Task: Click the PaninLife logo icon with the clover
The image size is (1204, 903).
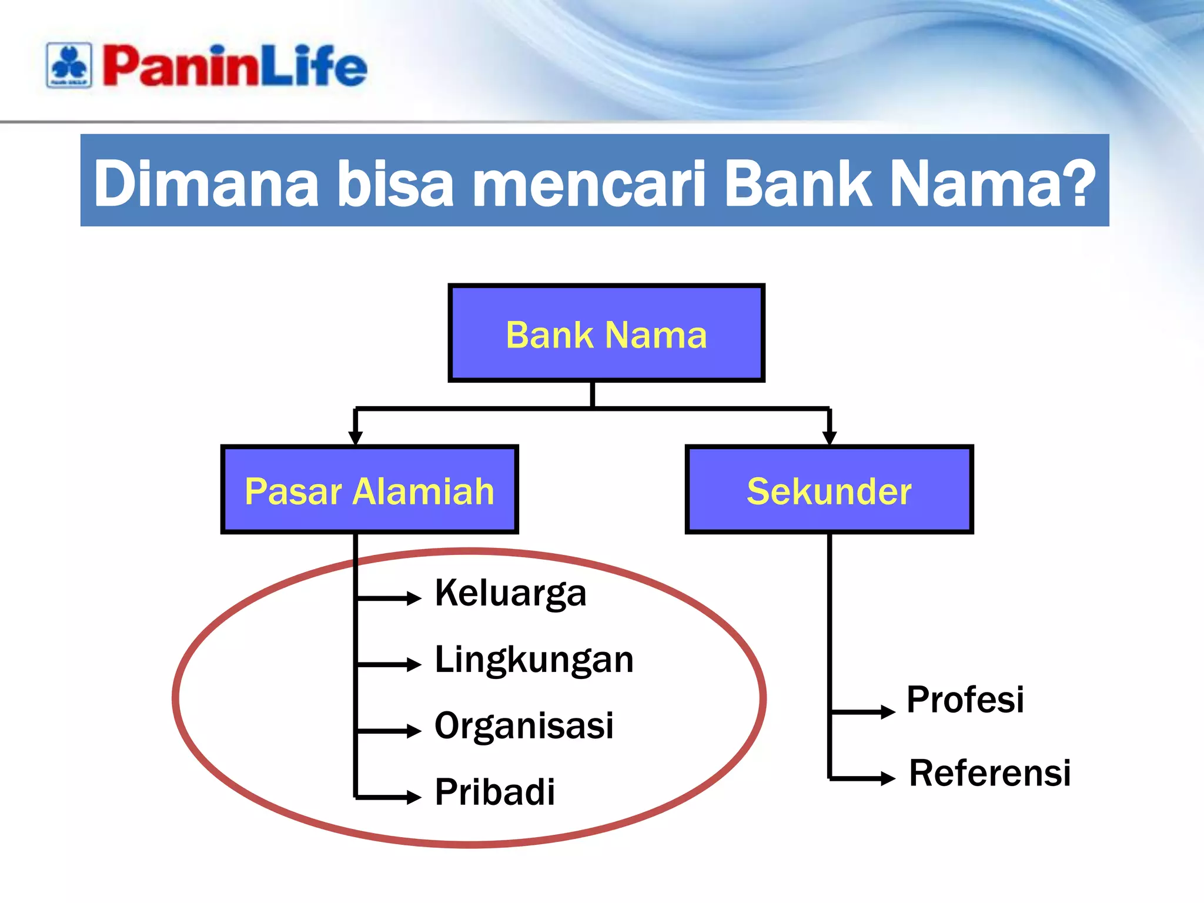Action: point(69,65)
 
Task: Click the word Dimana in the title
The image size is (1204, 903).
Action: point(206,183)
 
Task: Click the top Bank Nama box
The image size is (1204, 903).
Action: point(606,333)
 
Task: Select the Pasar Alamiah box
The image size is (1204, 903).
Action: point(369,490)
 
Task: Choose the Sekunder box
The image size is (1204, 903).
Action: point(829,490)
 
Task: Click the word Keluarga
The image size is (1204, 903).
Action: point(510,593)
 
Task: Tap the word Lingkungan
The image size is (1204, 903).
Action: point(534,660)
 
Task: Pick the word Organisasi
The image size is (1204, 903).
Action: point(524,725)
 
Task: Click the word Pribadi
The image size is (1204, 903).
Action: point(495,792)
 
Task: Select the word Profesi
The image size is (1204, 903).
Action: point(965,700)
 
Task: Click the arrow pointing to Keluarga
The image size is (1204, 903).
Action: point(390,598)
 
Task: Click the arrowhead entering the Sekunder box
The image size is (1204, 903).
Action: point(829,437)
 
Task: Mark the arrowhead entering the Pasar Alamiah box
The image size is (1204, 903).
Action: point(355,437)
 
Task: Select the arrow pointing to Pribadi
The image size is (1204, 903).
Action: point(390,797)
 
